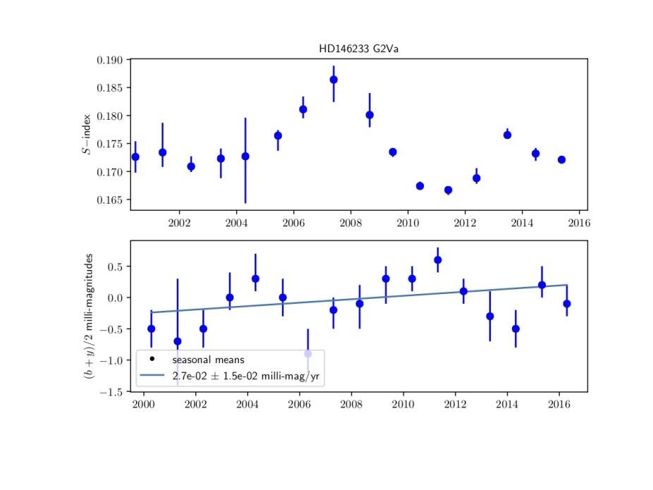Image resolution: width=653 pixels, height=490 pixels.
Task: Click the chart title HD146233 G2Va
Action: point(358,49)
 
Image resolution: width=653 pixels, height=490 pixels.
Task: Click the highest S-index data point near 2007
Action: point(334,80)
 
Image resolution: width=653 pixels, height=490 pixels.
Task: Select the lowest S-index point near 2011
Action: point(448,190)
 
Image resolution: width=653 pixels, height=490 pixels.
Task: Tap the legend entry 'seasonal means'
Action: point(203,359)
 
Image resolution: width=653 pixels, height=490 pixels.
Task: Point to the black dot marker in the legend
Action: point(152,359)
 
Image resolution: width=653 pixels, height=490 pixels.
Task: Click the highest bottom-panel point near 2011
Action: point(438,259)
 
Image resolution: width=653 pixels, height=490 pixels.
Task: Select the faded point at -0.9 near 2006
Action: point(307,353)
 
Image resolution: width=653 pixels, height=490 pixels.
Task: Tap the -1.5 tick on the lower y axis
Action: point(113,391)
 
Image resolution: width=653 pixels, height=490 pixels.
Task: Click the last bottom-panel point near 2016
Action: point(567,304)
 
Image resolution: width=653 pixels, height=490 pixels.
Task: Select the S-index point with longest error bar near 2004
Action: point(245,157)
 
